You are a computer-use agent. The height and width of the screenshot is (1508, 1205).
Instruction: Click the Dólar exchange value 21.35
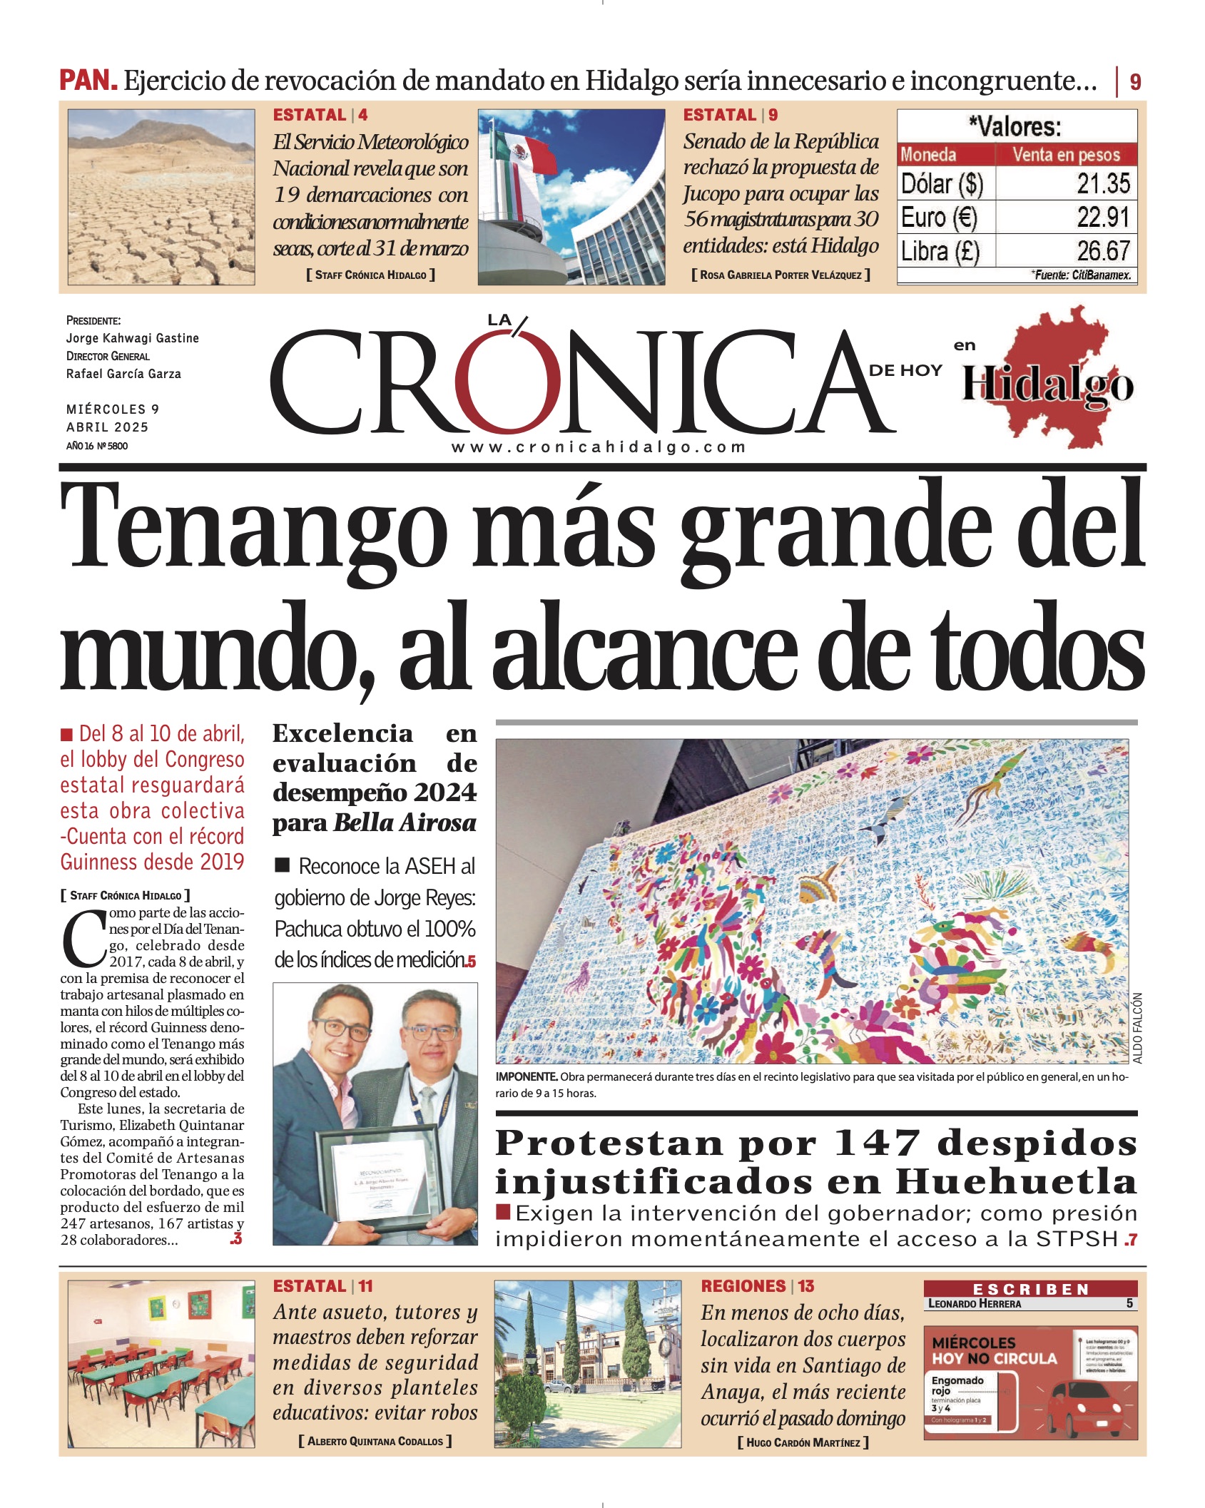(x=1103, y=183)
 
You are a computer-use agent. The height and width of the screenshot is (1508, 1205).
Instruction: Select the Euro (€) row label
(x=938, y=217)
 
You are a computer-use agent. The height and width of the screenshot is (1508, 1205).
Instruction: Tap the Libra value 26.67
(x=1103, y=250)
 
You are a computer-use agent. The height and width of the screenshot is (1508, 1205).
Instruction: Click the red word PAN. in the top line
(x=88, y=80)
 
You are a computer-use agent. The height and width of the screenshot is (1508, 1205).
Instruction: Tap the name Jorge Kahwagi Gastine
(x=132, y=338)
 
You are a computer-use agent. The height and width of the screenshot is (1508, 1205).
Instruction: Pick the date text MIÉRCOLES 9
(x=113, y=409)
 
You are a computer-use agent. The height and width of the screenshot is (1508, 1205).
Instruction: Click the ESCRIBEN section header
(x=1029, y=1289)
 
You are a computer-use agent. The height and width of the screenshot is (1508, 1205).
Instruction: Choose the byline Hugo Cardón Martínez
(x=803, y=1442)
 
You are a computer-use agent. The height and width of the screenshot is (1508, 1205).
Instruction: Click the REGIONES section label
(x=743, y=1286)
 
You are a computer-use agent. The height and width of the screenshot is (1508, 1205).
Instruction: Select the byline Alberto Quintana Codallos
(x=375, y=1441)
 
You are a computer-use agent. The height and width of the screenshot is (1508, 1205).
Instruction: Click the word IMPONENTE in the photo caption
(x=526, y=1076)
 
